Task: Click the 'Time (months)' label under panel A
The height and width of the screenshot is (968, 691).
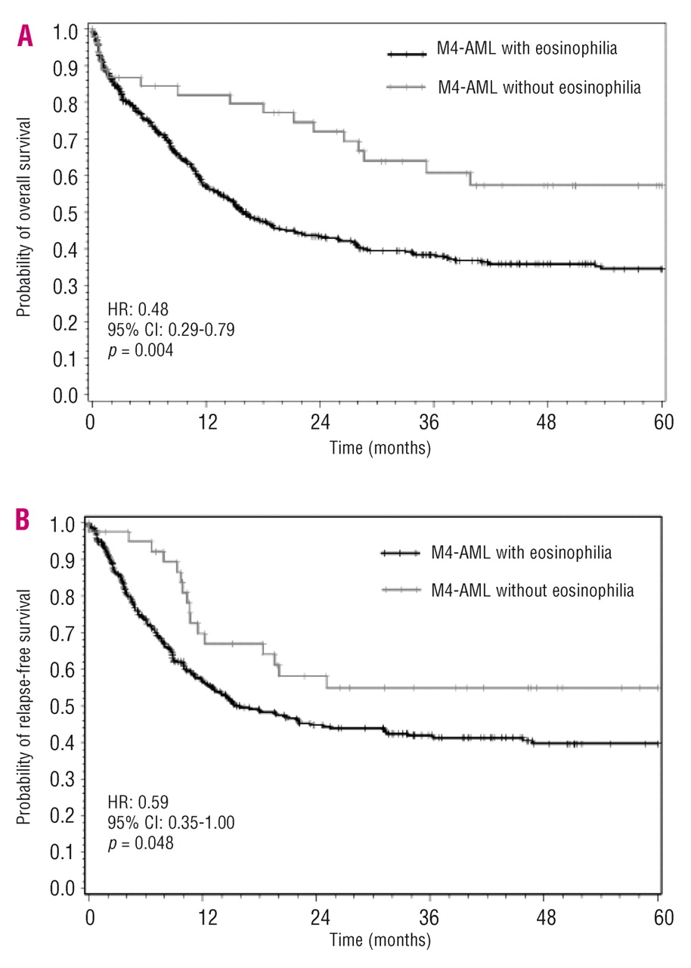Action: coord(380,448)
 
